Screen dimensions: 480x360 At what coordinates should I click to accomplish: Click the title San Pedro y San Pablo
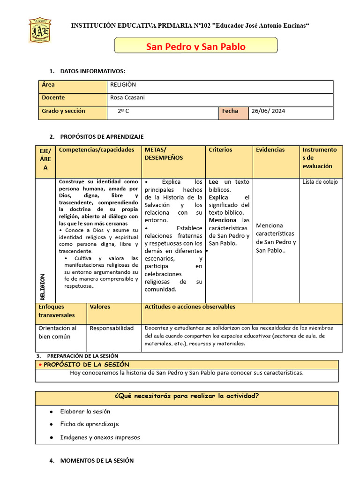[x=195, y=46]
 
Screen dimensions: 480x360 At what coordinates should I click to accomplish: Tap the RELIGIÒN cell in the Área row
[x=123, y=85]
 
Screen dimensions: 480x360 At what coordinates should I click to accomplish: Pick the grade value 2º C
[x=124, y=112]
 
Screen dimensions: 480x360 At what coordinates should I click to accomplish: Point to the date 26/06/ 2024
[x=268, y=112]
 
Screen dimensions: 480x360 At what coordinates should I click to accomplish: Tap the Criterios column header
[x=220, y=150]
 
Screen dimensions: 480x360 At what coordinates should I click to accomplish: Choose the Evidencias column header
[x=270, y=150]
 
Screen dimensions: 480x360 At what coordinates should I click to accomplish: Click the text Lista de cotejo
[x=320, y=182]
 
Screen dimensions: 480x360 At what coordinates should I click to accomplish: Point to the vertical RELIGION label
[x=43, y=286]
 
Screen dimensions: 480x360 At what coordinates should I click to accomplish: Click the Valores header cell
[x=100, y=307]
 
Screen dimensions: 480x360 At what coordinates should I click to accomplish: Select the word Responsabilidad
[x=112, y=328]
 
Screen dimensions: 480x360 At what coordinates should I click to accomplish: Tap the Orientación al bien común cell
[x=58, y=332]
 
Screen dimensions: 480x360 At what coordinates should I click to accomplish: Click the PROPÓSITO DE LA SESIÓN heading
[x=86, y=365]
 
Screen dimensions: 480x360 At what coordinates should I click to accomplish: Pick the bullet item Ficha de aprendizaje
[x=90, y=424]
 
